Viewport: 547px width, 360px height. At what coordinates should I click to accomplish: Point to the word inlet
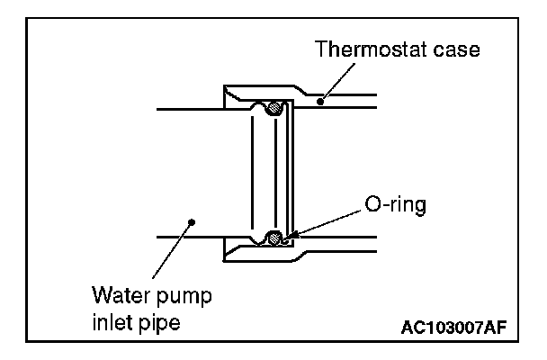112,321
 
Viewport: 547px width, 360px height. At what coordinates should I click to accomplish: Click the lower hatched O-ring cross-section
274,238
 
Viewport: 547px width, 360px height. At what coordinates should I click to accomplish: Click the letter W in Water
102,296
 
